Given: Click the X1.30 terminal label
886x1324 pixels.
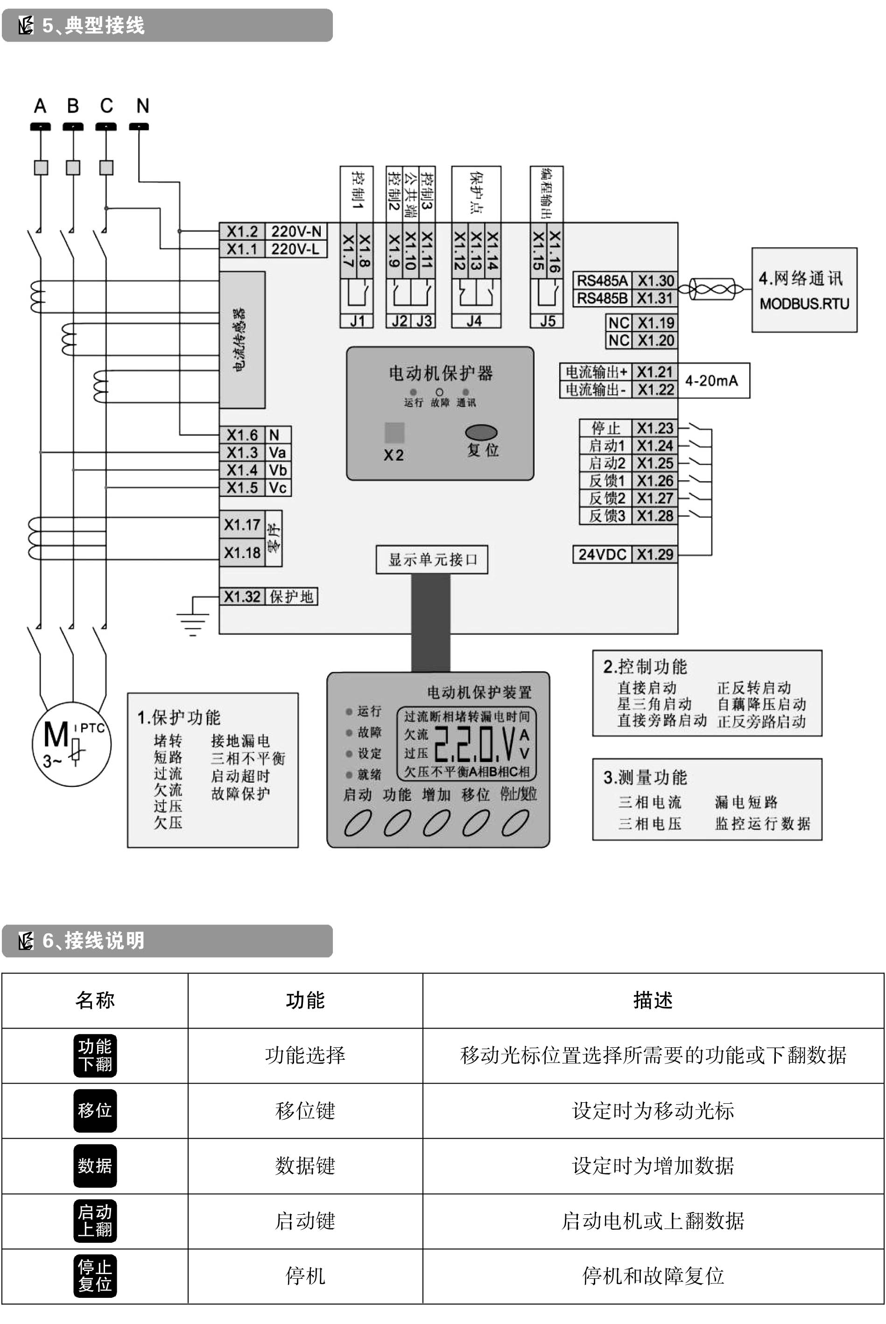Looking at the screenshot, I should [655, 281].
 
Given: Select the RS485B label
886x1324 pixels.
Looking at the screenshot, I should [602, 298].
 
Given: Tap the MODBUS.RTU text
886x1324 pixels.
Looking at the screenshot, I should [804, 304].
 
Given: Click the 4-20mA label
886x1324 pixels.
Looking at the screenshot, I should [711, 381].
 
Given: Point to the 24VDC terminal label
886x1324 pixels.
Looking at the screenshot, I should [602, 554].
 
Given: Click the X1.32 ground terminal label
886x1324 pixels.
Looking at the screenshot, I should [242, 596].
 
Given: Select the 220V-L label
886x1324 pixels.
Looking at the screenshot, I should [295, 249].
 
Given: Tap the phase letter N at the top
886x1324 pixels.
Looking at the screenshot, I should [142, 105].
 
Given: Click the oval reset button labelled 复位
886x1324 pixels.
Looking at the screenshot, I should [481, 432].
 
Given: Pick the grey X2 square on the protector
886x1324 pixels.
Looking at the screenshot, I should [394, 433].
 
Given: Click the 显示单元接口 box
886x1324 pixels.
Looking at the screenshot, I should [432, 559].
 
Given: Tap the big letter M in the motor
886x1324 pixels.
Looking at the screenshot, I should [56, 735].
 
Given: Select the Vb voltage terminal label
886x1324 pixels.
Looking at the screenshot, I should [277, 470].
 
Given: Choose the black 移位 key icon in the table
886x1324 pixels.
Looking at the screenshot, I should [95, 1110].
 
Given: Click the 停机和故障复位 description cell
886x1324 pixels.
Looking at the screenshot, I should [653, 1275].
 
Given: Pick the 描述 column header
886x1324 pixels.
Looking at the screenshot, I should [653, 1000].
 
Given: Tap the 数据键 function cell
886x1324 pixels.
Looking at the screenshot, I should [305, 1165].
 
